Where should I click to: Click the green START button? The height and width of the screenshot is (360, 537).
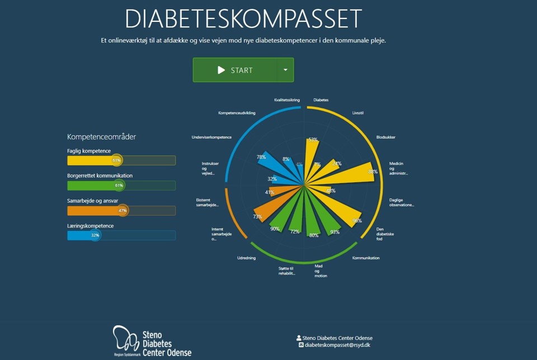pos(235,70)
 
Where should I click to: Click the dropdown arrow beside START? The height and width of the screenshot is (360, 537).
pos(285,70)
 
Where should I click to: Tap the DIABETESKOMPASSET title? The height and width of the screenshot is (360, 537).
pos(243,19)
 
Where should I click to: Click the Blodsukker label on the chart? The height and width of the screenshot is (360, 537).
pos(385,137)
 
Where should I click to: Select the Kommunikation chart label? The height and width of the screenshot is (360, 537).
pos(366,258)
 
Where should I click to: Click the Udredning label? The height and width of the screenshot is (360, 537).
pos(247,258)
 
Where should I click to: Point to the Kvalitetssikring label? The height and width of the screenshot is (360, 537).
pos(287,100)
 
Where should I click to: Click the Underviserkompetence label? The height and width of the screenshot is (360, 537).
pos(211,137)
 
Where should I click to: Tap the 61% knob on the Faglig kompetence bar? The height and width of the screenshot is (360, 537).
pos(116,160)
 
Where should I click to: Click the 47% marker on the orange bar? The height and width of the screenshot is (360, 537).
pos(123,211)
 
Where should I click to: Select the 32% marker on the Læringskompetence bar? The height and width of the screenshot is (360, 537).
pos(95,235)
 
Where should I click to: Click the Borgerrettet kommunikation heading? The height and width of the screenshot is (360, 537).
pos(100,176)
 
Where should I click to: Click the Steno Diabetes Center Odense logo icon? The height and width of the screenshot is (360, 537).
pos(126,339)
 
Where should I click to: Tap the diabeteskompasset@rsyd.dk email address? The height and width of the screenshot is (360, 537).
pos(337,345)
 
